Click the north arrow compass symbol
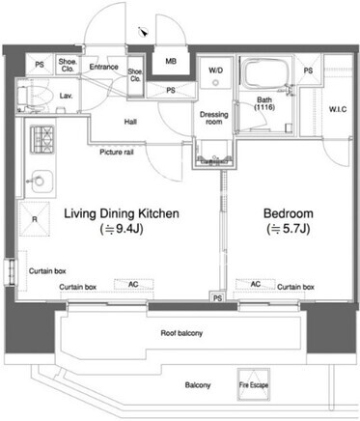point(143,32)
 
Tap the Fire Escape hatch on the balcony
point(254,384)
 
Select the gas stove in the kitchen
point(42,139)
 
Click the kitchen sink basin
point(41,181)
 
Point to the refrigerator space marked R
point(35,219)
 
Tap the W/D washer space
point(215,73)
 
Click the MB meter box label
point(171,61)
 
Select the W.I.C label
point(338,109)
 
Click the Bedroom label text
point(289,213)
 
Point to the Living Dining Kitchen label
point(122,213)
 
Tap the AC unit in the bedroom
point(256,284)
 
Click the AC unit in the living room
point(133,284)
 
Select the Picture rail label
point(117,152)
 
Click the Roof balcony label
point(181,333)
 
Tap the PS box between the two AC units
point(217,297)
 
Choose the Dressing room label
point(213,118)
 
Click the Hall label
point(130,122)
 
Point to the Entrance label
point(103,67)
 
